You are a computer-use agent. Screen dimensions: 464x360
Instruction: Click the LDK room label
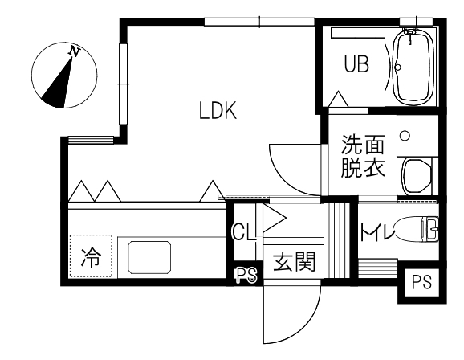point(218,110)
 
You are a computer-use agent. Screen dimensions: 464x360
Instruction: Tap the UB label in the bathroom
point(356,64)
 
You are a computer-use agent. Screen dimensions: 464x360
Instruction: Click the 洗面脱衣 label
point(363,156)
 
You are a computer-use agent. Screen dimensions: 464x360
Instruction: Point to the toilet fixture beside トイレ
point(417,230)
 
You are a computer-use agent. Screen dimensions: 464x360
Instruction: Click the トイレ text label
point(377,231)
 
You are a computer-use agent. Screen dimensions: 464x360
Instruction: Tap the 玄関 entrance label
point(295,262)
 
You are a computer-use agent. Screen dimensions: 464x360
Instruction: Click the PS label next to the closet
point(246,276)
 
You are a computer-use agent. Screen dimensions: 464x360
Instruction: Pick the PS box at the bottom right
point(422,282)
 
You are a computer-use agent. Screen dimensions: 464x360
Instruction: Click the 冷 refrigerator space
point(91,256)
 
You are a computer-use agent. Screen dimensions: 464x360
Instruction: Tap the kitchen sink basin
point(149,257)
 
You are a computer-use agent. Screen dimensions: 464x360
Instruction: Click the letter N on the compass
point(74,52)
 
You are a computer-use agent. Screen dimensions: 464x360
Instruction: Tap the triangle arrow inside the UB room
point(339,99)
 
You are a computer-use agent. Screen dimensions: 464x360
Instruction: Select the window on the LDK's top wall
point(259,22)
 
